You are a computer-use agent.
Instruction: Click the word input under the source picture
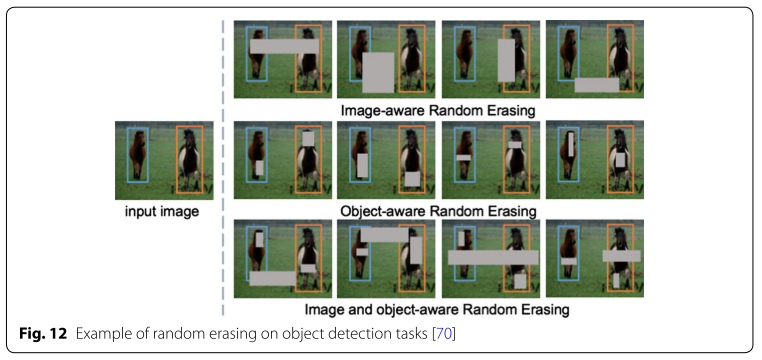[x=141, y=212]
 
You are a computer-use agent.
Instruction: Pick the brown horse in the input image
[x=136, y=157]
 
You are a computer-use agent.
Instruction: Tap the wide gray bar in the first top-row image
[x=283, y=46]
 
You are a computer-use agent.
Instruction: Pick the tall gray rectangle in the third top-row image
[x=506, y=60]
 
